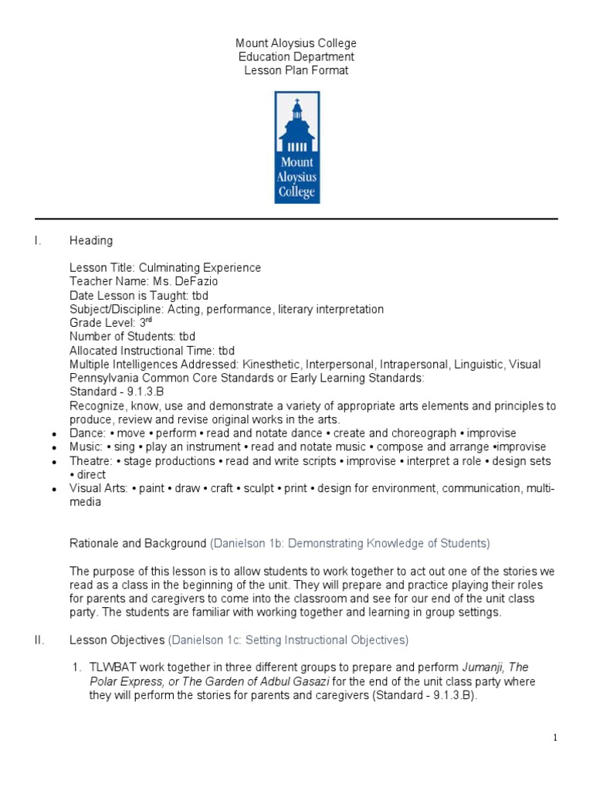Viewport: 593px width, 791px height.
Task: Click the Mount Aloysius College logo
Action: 297,148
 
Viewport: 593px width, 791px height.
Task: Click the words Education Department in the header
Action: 296,57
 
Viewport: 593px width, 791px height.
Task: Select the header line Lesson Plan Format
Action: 296,70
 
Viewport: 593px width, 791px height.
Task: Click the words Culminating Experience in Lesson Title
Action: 200,268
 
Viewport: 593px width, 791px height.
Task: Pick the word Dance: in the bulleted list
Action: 86,433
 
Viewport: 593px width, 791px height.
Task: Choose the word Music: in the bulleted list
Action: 86,447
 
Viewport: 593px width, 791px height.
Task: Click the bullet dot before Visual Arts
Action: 54,490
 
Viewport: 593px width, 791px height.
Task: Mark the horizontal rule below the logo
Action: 296,219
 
